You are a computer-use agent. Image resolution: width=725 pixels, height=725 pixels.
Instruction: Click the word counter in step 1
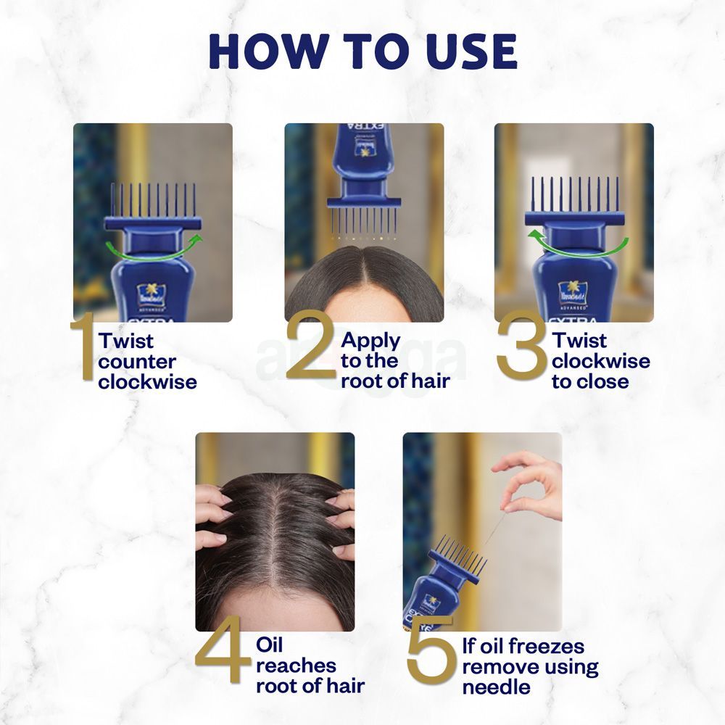pyautogui.click(x=137, y=361)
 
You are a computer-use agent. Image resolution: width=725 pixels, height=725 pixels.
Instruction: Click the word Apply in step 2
pyautogui.click(x=370, y=340)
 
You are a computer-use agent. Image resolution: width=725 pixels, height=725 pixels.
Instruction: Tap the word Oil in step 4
pyautogui.click(x=270, y=645)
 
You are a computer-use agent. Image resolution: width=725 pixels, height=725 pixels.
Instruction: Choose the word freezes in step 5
pyautogui.click(x=548, y=646)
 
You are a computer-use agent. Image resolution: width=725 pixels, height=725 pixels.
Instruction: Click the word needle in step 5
pyautogui.click(x=497, y=687)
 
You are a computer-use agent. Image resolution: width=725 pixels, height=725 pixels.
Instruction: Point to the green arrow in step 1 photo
pyautogui.click(x=153, y=246)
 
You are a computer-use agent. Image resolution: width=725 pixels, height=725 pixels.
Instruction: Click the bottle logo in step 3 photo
pyautogui.click(x=572, y=292)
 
